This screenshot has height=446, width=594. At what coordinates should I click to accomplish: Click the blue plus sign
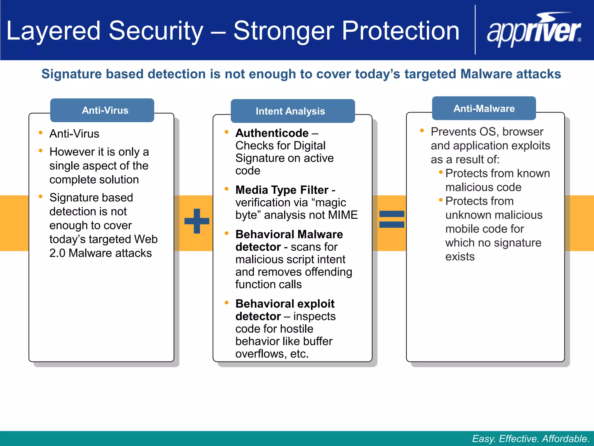tap(197, 221)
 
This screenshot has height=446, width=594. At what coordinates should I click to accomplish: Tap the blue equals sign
tap(392, 219)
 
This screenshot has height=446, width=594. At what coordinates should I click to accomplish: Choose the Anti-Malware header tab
tap(484, 109)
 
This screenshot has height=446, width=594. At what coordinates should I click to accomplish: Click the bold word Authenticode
tap(272, 133)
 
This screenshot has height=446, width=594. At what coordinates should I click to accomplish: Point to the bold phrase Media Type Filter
tap(282, 190)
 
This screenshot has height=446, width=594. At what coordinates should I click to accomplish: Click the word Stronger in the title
tap(283, 31)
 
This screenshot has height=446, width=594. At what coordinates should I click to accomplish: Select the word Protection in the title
tap(401, 31)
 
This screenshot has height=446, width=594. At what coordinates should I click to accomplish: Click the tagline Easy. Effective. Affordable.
tap(530, 438)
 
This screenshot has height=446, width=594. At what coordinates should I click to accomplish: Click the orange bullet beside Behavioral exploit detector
tap(227, 303)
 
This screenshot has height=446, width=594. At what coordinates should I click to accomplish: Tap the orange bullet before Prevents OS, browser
tap(422, 131)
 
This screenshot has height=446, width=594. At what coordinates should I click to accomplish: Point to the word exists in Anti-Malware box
tap(460, 257)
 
